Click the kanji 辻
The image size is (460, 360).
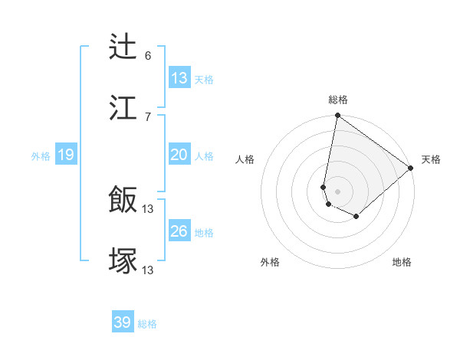click(123, 47)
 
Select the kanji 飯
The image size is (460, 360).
click(123, 201)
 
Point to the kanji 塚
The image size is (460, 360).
click(123, 260)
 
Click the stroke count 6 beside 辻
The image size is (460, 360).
click(148, 55)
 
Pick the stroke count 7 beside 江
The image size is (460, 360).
click(148, 116)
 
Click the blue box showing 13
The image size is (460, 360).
click(179, 78)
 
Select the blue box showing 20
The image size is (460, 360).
click(179, 155)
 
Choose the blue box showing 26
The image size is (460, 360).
click(179, 231)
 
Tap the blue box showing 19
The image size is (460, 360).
click(66, 155)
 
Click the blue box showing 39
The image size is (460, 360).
click(122, 322)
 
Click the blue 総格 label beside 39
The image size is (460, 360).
click(147, 324)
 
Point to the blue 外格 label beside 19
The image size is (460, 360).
click(41, 156)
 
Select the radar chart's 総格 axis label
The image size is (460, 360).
click(338, 100)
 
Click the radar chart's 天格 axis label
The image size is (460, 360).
click(431, 160)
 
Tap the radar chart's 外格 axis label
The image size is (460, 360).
click(270, 262)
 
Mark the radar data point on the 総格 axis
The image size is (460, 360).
click(337, 116)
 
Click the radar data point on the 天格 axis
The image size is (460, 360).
click(411, 168)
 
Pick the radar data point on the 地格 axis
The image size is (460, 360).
click(356, 217)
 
